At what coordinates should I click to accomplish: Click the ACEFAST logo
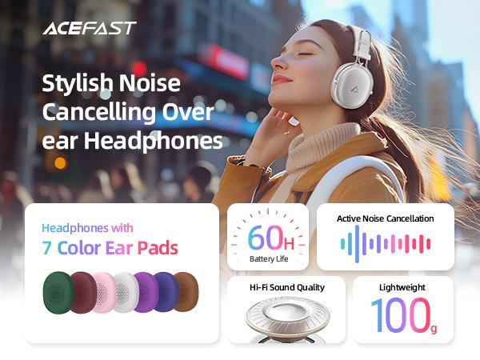pyautogui.click(x=90, y=28)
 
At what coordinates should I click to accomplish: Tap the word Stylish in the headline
pyautogui.click(x=77, y=83)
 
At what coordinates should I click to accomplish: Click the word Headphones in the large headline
pyautogui.click(x=154, y=141)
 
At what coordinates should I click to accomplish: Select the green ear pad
pyautogui.click(x=58, y=293)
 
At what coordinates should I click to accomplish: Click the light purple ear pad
pyautogui.click(x=147, y=292)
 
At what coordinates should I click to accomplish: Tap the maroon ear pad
pyautogui.click(x=82, y=292)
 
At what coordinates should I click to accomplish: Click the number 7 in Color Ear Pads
pyautogui.click(x=46, y=248)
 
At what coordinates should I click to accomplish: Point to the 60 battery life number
pyautogui.click(x=266, y=238)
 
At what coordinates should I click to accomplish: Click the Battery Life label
pyautogui.click(x=269, y=259)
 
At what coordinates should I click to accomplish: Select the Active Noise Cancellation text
pyautogui.click(x=385, y=218)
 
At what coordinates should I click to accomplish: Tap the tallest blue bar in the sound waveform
pyautogui.click(x=357, y=244)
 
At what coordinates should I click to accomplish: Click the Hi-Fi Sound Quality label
pyautogui.click(x=287, y=287)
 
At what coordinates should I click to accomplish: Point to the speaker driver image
pyautogui.click(x=288, y=318)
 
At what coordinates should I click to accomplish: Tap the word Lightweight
pyautogui.click(x=402, y=287)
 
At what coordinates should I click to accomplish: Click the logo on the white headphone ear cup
pyautogui.click(x=354, y=90)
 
